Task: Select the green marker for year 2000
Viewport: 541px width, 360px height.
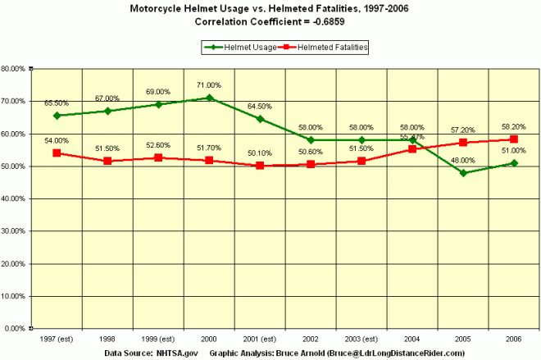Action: click(209, 98)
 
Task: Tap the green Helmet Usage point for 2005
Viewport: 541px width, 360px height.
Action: click(463, 173)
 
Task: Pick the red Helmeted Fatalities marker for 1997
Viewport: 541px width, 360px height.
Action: click(57, 153)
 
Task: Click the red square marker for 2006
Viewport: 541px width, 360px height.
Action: click(514, 139)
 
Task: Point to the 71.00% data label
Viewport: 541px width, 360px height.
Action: click(209, 85)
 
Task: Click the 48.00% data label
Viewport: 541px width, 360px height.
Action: click(463, 161)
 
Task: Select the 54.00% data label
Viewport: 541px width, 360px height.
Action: click(57, 141)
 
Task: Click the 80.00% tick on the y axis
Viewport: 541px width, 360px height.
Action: click(16, 69)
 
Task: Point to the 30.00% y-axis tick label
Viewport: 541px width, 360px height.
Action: click(16, 231)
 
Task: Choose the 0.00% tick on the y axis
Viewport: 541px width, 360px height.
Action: click(18, 328)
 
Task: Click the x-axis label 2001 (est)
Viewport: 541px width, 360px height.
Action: click(260, 338)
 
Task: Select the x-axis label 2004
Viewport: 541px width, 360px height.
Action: click(412, 338)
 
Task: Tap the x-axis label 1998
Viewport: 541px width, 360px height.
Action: click(107, 338)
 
